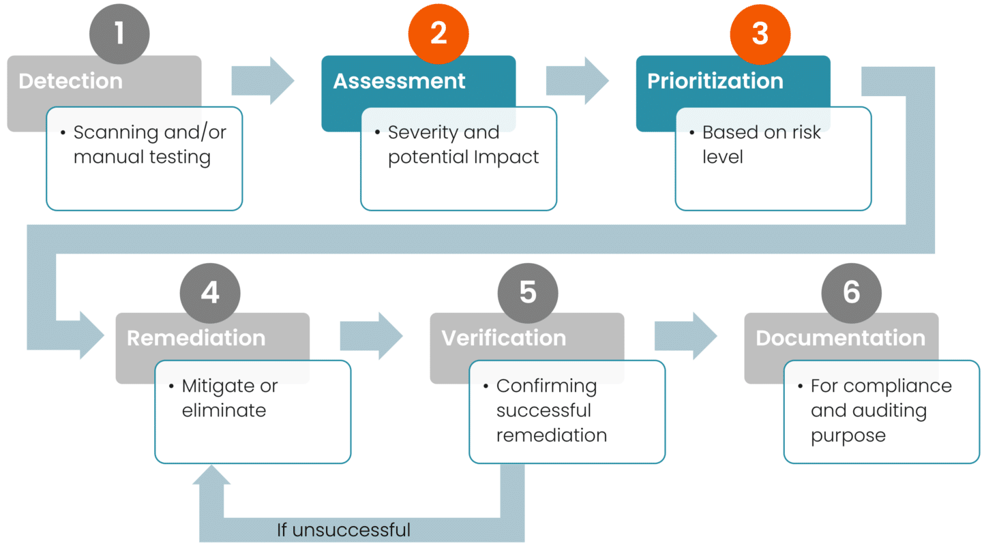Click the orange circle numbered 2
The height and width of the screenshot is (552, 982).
(x=438, y=34)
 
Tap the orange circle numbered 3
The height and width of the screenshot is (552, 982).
(x=760, y=34)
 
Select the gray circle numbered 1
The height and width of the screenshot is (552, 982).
(x=119, y=34)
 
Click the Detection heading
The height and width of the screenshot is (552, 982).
(x=71, y=81)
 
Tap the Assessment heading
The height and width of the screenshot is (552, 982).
(x=400, y=81)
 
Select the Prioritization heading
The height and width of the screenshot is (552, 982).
(x=715, y=81)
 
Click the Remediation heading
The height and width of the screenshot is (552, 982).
(x=196, y=338)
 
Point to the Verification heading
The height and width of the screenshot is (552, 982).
(x=504, y=338)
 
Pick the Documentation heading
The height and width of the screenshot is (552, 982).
(x=841, y=338)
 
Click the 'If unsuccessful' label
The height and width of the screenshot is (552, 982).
(x=344, y=530)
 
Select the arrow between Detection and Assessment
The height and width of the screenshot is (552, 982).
(x=263, y=81)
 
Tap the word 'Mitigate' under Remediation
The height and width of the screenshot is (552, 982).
(x=211, y=386)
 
